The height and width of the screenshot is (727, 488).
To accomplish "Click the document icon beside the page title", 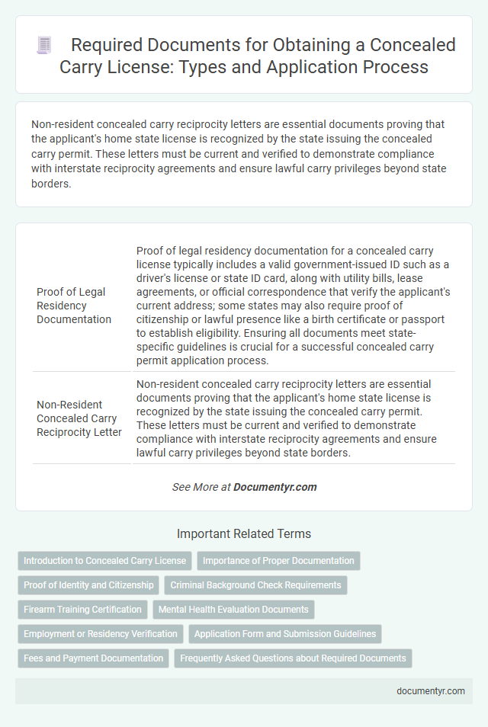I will point(44,45).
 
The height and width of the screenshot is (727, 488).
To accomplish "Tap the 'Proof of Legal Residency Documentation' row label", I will point(71,306).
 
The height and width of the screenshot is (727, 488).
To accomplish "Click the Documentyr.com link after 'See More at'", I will point(275,487).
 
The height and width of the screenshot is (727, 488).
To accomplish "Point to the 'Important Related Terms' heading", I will point(243,533).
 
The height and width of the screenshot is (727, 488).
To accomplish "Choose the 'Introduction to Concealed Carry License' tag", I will point(104,561).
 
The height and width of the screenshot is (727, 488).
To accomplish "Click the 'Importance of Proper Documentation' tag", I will point(278,561).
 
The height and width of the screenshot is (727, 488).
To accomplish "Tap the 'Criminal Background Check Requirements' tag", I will point(255,585).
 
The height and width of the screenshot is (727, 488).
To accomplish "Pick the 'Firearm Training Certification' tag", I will point(82,610).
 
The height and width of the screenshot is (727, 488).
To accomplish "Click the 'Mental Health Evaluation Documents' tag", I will point(233,610).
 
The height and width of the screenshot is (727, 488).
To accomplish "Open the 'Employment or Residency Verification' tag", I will point(101,634).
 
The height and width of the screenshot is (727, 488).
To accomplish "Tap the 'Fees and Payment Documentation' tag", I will point(93,658).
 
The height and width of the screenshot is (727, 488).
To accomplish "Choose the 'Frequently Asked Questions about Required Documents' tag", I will point(293,658).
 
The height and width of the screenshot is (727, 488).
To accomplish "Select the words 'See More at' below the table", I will point(201,487).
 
